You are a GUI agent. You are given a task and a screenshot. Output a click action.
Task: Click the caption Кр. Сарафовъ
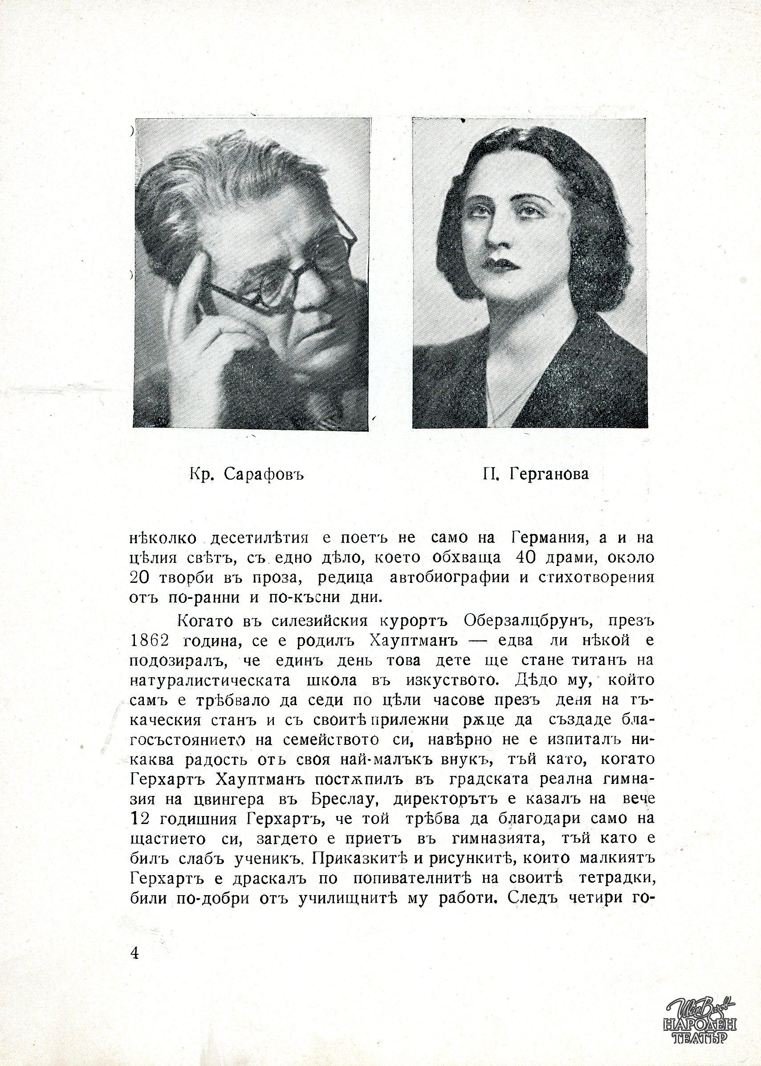pyautogui.click(x=247, y=475)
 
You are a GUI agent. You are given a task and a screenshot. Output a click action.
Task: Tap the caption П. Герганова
pyautogui.click(x=535, y=475)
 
